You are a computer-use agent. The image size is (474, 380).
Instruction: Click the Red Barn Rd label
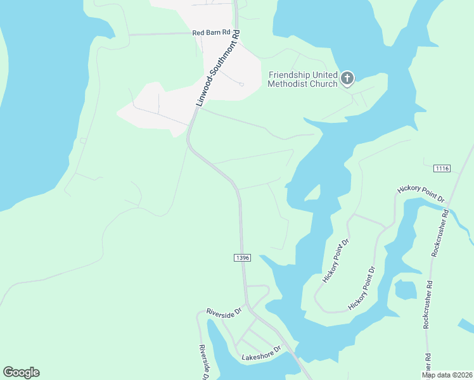[212, 33]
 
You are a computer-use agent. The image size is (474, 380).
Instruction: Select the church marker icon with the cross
[347, 79]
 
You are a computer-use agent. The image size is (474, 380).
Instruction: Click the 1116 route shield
[442, 168]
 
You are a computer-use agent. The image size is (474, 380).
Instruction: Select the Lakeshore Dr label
[262, 357]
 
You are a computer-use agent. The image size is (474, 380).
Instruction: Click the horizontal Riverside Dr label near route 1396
[224, 312]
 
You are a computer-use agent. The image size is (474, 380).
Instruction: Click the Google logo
[22, 372]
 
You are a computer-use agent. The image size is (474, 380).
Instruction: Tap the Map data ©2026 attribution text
[447, 375]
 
